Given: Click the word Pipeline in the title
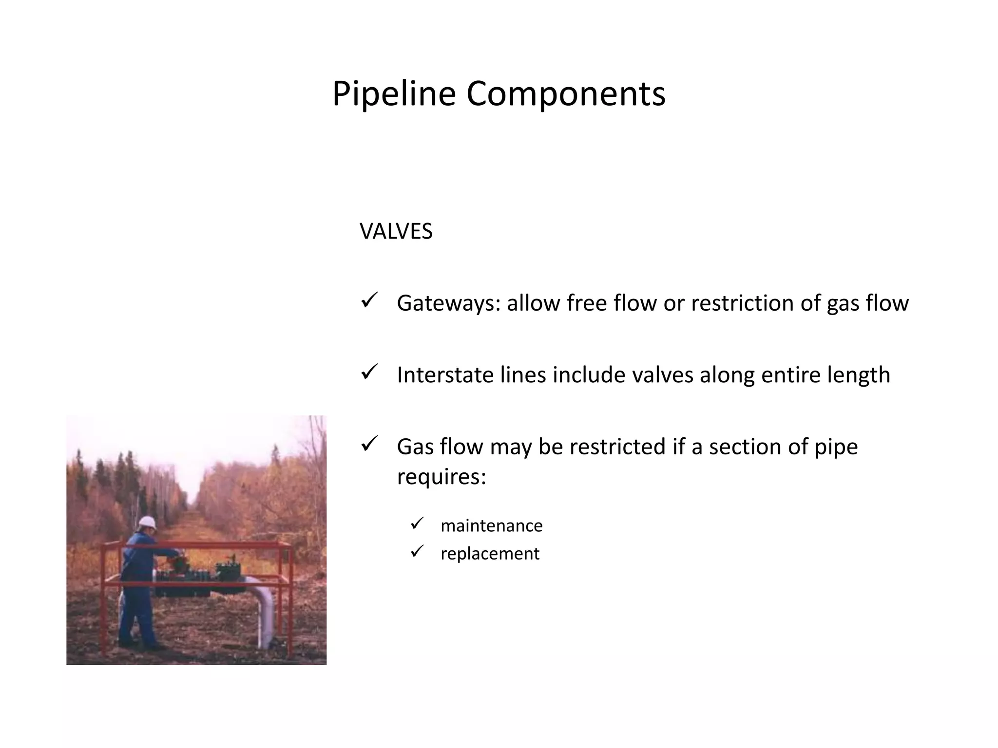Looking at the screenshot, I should pos(394,94).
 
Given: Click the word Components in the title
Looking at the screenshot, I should pos(566,94).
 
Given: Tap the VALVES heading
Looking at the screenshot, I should pos(396,231).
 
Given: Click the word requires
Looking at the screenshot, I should pos(441,476).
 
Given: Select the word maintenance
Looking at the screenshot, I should pos(491,526).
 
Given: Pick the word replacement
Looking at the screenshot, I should pos(490,554).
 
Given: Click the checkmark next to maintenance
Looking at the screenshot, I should pos(418,524).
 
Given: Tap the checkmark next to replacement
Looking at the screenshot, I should pos(418,551).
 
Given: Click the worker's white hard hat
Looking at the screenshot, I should pos(147,523).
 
